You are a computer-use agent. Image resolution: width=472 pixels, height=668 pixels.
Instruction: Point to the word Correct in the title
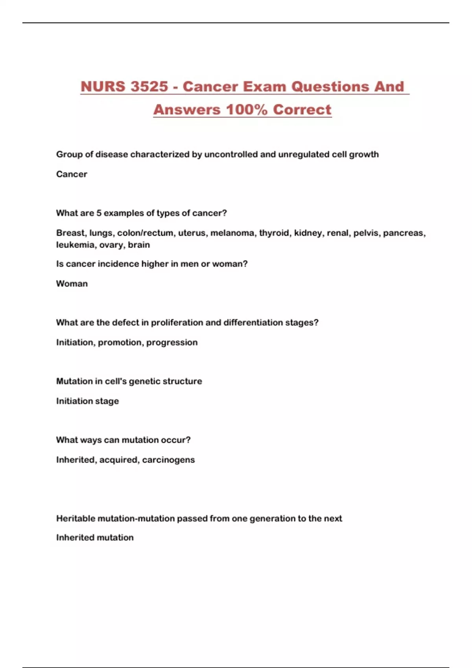pyautogui.click(x=302, y=110)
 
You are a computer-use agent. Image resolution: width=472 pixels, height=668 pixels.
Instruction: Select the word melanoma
pyautogui.click(x=232, y=233)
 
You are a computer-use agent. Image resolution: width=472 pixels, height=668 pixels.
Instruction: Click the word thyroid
pyautogui.click(x=274, y=233)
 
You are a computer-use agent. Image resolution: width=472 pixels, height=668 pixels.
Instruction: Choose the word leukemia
pyautogui.click(x=75, y=245)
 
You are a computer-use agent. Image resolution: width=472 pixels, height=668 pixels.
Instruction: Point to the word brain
pyautogui.click(x=139, y=245)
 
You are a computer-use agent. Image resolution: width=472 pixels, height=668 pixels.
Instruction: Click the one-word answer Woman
pyautogui.click(x=72, y=284)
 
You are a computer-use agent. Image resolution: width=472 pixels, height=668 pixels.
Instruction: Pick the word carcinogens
pyautogui.click(x=168, y=460)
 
